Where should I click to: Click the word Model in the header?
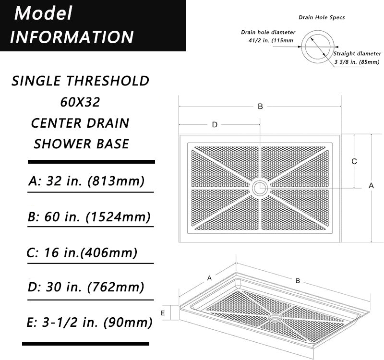tap(43, 13)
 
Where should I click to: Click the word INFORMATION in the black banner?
tap(72, 37)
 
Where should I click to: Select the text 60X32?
tap(80, 102)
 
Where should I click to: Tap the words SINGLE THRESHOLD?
tap(80, 81)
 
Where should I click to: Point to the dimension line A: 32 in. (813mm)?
tap(86, 181)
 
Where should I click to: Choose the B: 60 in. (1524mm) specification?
tap(89, 217)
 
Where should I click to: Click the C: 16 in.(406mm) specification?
tap(83, 252)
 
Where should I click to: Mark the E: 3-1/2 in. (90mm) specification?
tap(90, 323)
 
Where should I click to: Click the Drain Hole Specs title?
tap(322, 17)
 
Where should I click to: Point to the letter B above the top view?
tap(260, 107)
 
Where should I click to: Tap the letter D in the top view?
tap(215, 125)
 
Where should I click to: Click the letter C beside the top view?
tap(354, 162)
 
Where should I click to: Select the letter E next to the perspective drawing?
tap(163, 313)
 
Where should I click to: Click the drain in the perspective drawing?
tap(276, 318)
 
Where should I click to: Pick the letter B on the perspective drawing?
tap(298, 281)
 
